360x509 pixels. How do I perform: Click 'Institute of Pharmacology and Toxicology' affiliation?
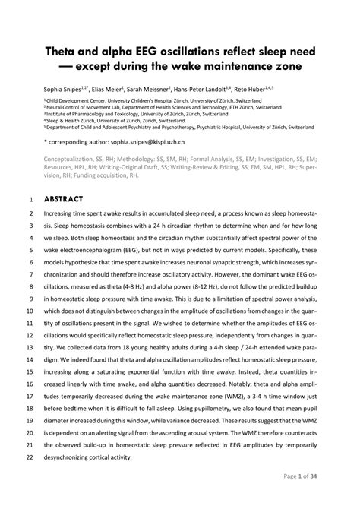pyautogui.click(x=99, y=115)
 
